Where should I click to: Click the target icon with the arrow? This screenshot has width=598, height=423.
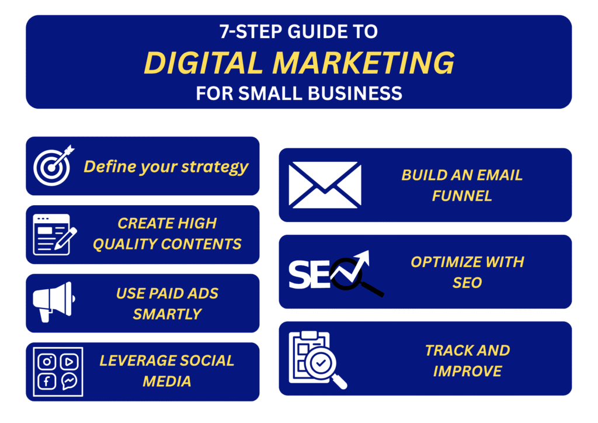(53, 165)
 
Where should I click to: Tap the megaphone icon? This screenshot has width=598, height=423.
(54, 301)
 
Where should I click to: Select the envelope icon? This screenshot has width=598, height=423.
(325, 185)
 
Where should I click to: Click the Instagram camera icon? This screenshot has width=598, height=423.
(47, 361)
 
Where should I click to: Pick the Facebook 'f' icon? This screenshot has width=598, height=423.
(47, 381)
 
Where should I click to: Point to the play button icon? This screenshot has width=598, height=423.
(69, 361)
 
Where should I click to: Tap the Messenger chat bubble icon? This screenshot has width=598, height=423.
(69, 381)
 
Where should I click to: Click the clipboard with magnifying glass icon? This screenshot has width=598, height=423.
(318, 360)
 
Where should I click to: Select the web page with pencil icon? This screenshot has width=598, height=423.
(54, 234)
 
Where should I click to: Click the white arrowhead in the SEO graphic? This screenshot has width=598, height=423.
(362, 258)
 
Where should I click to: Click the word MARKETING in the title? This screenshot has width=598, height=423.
(363, 63)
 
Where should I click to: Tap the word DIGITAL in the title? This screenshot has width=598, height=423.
(203, 63)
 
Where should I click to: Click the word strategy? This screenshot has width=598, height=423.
(215, 167)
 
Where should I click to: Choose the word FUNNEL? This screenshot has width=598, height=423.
(462, 196)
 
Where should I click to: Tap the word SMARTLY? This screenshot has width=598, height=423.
(167, 314)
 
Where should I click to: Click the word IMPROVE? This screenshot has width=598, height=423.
(467, 371)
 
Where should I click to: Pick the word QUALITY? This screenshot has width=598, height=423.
(127, 244)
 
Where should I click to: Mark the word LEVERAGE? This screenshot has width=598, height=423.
(136, 361)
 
